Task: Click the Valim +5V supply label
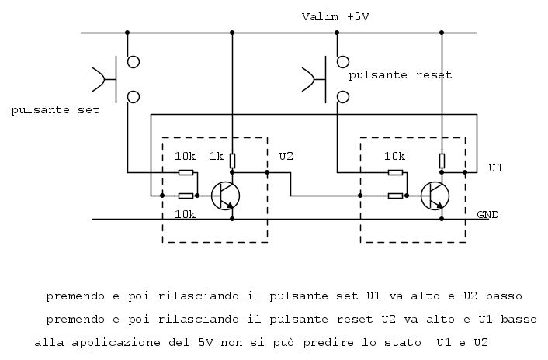coord(335,17)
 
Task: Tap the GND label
coord(487,214)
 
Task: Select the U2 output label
coord(286,156)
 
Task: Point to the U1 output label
coord(495,168)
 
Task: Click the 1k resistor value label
coord(217,156)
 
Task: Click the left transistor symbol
coord(225,196)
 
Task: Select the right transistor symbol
coord(435,196)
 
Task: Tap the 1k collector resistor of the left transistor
coord(232,161)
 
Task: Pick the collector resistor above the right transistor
coord(442,161)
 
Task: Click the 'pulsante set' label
coord(55,110)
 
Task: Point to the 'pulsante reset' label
coord(401,75)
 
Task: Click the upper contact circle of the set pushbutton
coord(134,62)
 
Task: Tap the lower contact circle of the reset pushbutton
coord(343,97)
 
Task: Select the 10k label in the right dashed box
coord(394,156)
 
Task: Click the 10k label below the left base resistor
coord(185,214)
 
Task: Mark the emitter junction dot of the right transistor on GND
coord(442,219)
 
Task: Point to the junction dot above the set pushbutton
coord(127,33)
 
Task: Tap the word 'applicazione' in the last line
coord(116,342)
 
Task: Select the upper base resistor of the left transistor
coord(186,172)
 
